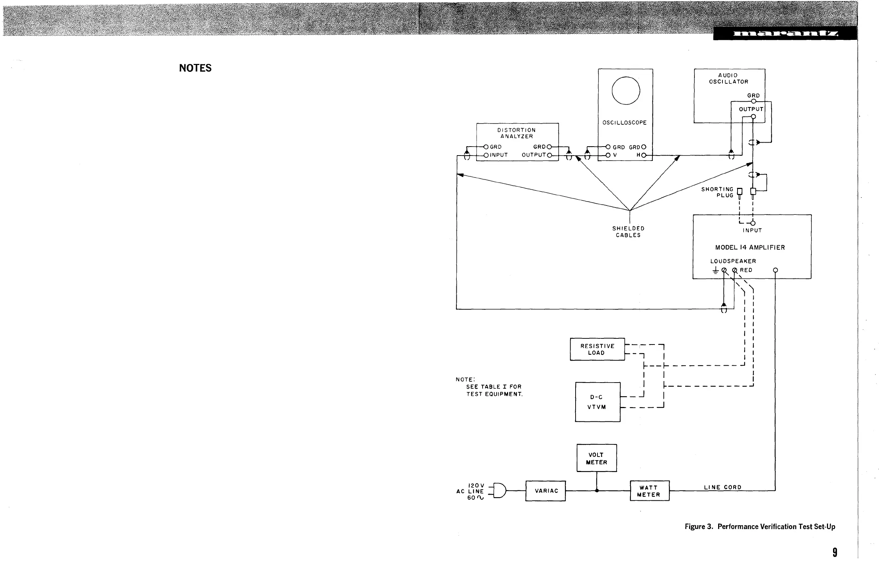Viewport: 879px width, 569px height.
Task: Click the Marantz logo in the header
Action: point(785,34)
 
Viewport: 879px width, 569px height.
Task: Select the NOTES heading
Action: point(195,68)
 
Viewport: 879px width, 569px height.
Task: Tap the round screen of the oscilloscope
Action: point(625,91)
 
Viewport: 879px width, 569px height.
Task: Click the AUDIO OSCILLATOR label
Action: point(728,78)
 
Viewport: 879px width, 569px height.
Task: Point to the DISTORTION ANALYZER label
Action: point(516,133)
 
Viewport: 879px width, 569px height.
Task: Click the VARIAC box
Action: point(545,491)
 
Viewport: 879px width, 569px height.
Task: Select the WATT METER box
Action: point(649,491)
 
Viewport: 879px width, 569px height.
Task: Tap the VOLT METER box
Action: point(596,458)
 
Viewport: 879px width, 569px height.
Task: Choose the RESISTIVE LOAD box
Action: point(597,349)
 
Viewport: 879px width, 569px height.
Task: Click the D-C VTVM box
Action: point(597,402)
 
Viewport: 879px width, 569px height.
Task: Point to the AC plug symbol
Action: point(499,490)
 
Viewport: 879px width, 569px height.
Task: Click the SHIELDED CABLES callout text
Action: point(628,232)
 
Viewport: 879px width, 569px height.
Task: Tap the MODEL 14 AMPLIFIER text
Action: point(750,248)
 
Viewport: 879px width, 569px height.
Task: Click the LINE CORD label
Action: point(722,487)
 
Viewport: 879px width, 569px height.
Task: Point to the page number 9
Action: point(835,552)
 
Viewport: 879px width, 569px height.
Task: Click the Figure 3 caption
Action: point(760,527)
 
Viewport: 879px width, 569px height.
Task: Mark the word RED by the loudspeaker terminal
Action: point(746,270)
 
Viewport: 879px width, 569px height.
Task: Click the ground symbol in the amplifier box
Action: point(715,271)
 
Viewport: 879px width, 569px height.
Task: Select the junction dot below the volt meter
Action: point(596,491)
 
